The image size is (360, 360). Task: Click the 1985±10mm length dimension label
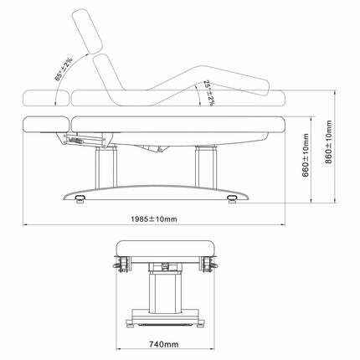(154, 219)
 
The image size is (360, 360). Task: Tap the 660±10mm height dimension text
(306, 155)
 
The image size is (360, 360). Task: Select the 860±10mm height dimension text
(329, 142)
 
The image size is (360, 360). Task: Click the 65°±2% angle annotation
(64, 69)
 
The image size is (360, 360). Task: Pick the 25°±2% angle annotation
(208, 93)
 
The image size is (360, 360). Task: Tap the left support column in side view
(105, 167)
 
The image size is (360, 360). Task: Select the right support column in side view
(206, 166)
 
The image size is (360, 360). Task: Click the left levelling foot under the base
(80, 198)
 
